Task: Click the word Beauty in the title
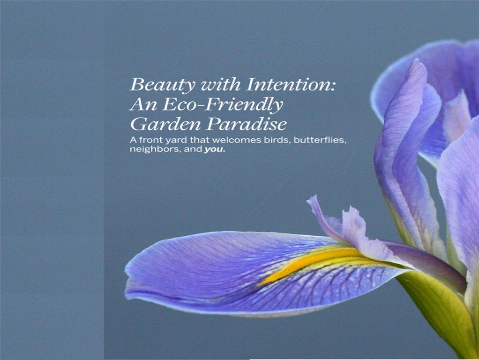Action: [163, 85]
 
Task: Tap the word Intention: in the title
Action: [291, 84]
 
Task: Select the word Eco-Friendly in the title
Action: [223, 105]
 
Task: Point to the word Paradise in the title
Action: [246, 124]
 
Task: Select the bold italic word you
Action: [215, 150]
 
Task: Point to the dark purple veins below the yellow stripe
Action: [336, 284]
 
